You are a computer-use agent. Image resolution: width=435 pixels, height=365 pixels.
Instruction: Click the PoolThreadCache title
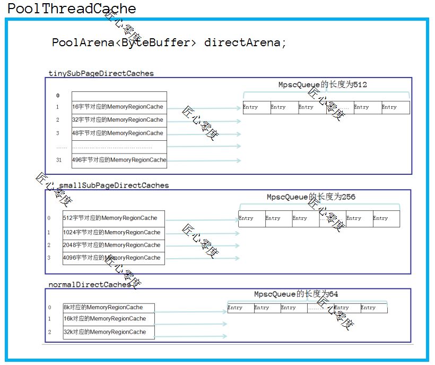[x=72, y=9]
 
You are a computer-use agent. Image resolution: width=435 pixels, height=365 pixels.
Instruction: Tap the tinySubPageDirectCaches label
[x=101, y=74]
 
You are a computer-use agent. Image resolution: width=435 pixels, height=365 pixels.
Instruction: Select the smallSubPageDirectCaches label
[x=114, y=185]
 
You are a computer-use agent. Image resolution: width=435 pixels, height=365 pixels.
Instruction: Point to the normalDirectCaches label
[x=90, y=285]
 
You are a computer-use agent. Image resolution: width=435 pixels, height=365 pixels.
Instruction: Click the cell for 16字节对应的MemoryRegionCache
[x=119, y=107]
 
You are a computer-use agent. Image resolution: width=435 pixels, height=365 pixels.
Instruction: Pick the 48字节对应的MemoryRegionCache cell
[x=119, y=133]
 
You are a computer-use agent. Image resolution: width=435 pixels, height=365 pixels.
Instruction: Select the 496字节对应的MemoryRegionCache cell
[x=119, y=160]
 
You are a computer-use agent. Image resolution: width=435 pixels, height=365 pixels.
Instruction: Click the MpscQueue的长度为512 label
[x=323, y=85]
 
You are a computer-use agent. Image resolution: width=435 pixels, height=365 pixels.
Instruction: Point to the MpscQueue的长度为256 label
[x=311, y=197]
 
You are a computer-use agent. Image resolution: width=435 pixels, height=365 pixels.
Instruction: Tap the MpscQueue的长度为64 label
[x=296, y=294]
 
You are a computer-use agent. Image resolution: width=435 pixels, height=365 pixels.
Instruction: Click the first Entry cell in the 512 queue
[x=256, y=107]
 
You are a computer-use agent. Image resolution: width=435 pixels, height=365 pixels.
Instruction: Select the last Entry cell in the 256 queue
[x=386, y=218]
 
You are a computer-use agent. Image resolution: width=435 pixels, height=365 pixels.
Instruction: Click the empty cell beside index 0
[x=119, y=96]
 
